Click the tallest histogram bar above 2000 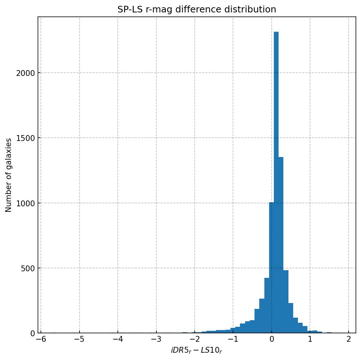[276, 183]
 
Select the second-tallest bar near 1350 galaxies [281, 245]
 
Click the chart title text [197, 9]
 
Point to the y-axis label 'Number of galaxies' [8, 175]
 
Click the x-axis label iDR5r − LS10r [197, 351]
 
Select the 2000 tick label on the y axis [26, 73]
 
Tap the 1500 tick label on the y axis [26, 138]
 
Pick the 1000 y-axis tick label [26, 203]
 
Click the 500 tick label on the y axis [28, 268]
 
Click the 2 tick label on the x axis [349, 339]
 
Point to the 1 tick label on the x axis [310, 339]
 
